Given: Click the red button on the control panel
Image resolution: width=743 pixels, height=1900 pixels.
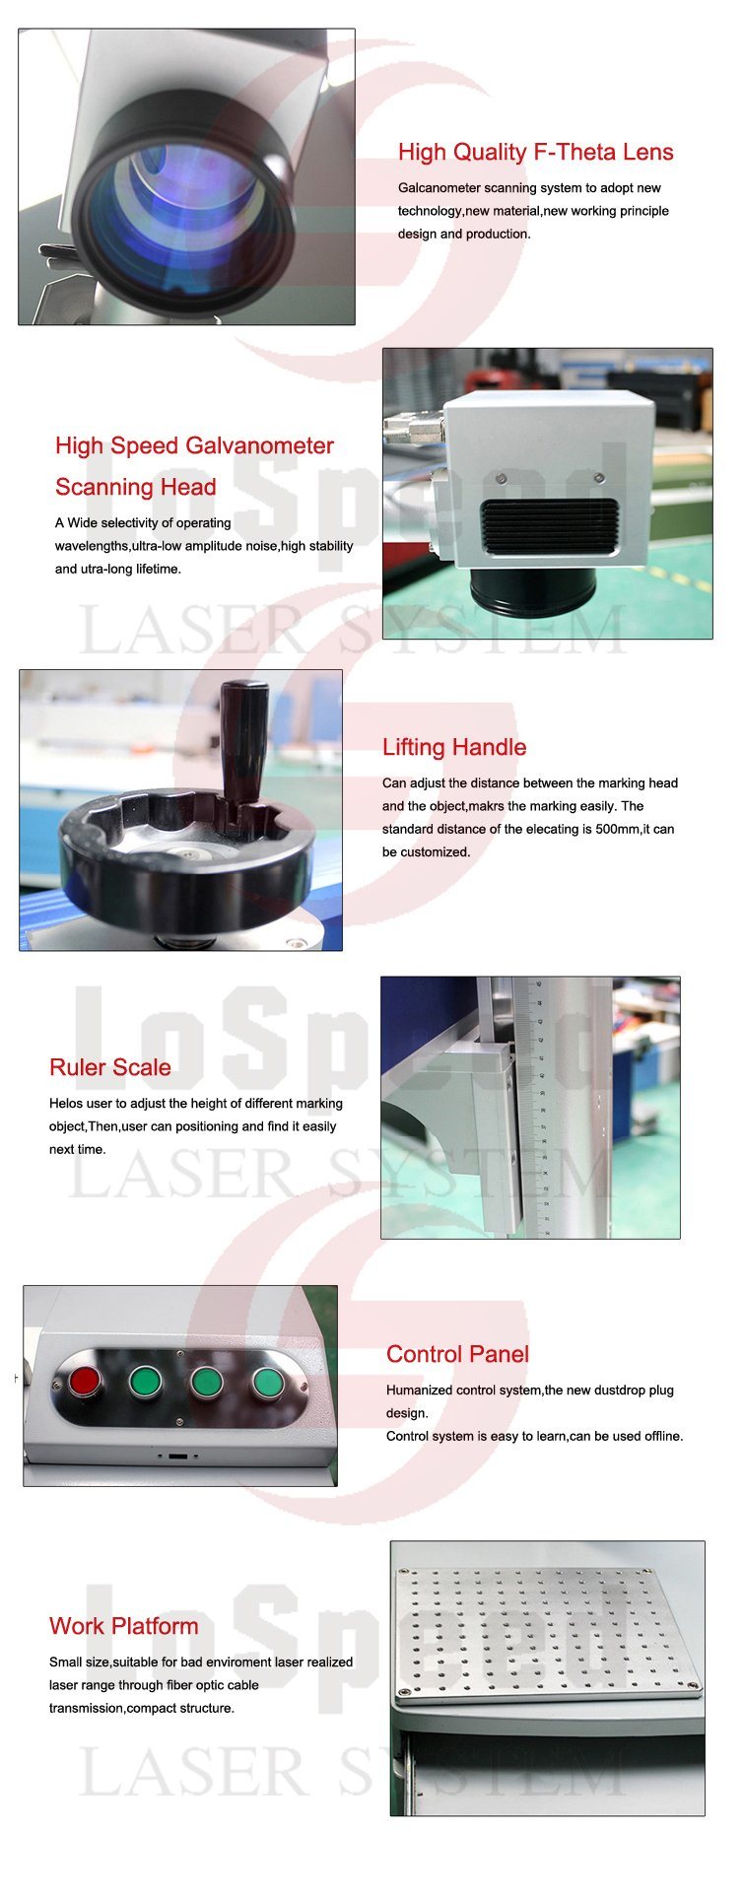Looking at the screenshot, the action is tap(85, 1381).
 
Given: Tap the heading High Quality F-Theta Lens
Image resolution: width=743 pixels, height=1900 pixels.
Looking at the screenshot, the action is tap(536, 152).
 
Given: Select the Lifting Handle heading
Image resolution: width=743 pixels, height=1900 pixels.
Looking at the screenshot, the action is tap(454, 747).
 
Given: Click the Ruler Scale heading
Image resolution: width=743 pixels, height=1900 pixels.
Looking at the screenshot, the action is tap(110, 1067).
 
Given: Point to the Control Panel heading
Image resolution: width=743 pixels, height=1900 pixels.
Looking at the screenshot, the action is tap(457, 1354).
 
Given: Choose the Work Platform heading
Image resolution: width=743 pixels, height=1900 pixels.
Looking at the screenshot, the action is tap(124, 1626).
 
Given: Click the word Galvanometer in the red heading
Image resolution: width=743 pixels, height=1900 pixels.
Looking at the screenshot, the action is tap(260, 445).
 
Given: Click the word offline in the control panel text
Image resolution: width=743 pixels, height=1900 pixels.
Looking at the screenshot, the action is tap(656, 1436).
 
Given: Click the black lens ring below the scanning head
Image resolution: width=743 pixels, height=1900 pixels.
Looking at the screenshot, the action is tap(534, 588).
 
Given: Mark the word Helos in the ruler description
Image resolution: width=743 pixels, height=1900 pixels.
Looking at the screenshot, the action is tap(66, 1104).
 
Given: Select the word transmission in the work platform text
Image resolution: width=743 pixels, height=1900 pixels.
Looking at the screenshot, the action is tap(87, 1708).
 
